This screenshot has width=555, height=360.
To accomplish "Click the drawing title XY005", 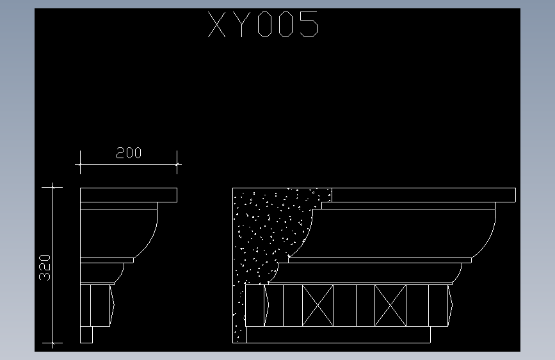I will point(263,26).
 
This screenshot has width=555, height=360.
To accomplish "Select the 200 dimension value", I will point(129,153).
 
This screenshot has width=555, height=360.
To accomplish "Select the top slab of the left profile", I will point(128,195).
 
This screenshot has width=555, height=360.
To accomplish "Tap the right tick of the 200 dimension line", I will point(177,165).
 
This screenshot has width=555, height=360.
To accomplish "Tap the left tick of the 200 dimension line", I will point(79,165).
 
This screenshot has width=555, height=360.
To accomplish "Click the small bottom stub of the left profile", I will point(86,334).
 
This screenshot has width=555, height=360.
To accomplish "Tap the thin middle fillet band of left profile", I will point(107,261).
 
